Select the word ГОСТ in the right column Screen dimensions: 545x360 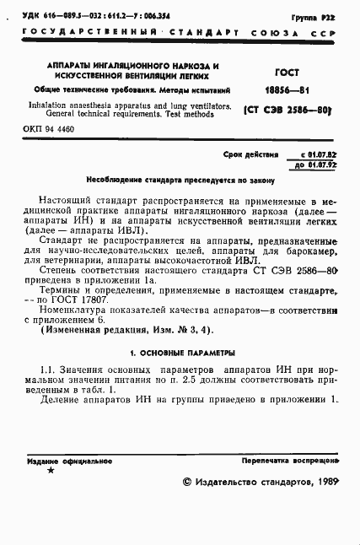coord(288,73)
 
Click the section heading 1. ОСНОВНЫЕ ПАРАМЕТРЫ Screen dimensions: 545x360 coord(179,351)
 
